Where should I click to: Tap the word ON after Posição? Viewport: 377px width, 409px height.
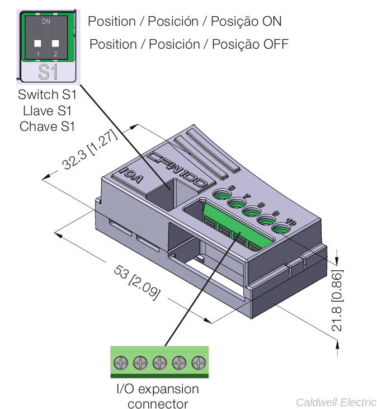[x=266, y=21]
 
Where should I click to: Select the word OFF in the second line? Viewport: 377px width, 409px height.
[x=274, y=44]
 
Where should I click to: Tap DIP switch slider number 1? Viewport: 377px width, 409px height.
[x=37, y=43]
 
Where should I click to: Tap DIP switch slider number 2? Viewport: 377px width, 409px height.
[x=55, y=43]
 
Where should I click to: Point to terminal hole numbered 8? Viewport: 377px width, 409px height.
[x=250, y=211]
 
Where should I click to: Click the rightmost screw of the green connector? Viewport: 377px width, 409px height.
[x=199, y=362]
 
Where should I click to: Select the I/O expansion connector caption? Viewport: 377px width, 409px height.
[x=157, y=396]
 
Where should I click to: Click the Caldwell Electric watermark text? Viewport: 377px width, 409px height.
[x=336, y=402]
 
